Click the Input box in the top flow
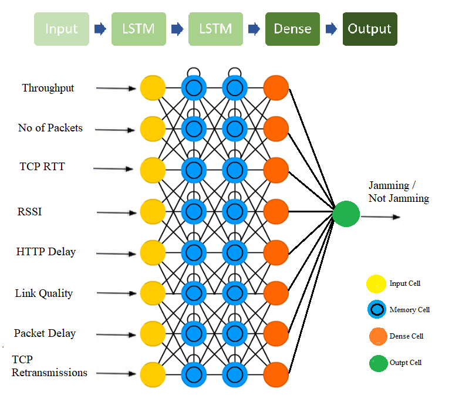tap(62, 29)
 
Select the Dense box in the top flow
tap(292, 29)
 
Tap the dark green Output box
tap(370, 29)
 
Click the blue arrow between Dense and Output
tap(331, 29)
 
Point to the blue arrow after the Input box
tap(100, 29)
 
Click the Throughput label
tap(48, 88)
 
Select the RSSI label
tap(29, 212)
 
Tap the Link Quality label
tap(44, 294)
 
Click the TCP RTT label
tap(42, 167)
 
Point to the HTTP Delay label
tap(46, 252)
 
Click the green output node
tap(346, 214)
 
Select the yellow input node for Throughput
tap(153, 88)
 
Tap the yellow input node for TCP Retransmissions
tap(153, 375)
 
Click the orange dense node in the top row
tap(276, 88)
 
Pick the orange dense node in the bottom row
tap(276, 375)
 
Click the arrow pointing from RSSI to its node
tap(116, 212)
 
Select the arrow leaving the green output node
tap(380, 217)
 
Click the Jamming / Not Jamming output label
tap(399, 192)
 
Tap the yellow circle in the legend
tap(376, 284)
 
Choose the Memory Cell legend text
tap(410, 310)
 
